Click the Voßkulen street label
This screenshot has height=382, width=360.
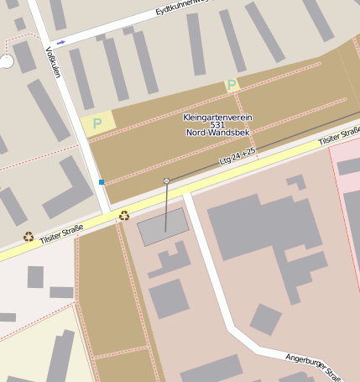click(53, 60)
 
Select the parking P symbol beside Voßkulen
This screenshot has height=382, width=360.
click(97, 123)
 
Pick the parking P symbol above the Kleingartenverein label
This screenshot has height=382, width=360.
click(231, 85)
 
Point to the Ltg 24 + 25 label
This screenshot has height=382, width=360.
click(237, 155)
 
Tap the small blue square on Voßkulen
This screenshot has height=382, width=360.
click(102, 181)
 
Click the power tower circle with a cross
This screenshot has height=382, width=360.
click(166, 181)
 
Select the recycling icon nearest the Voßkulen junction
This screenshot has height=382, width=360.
click(124, 216)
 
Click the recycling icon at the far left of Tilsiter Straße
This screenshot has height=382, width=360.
click(29, 237)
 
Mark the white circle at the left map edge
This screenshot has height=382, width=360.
click(6, 61)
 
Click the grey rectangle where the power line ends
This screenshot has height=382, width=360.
click(163, 227)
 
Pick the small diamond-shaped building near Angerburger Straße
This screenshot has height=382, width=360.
click(266, 319)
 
